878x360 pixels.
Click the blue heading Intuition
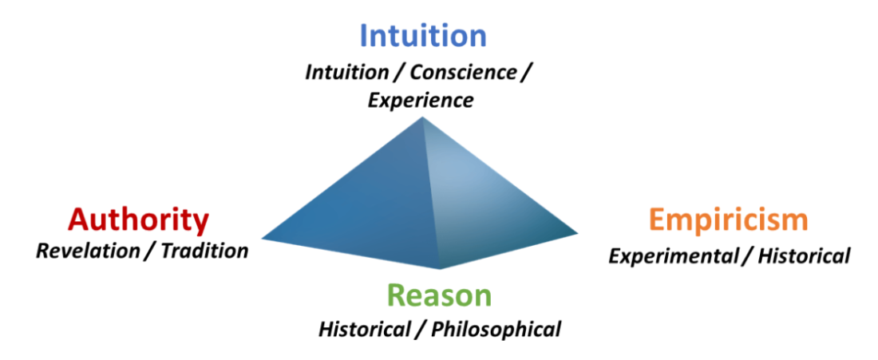coord(423,35)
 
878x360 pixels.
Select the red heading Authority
coord(138,220)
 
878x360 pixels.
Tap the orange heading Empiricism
coord(729,220)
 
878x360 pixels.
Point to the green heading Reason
coord(440,295)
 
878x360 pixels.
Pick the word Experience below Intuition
coord(420,101)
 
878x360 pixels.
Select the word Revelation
coord(88,251)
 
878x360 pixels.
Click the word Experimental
coord(677,256)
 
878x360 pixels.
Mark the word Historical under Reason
coord(364,329)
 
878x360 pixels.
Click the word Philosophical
coord(496,330)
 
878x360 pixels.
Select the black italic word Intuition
coord(346,73)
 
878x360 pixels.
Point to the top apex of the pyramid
coord(422,117)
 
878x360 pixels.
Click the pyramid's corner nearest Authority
coord(262,239)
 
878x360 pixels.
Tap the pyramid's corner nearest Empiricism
coord(578,232)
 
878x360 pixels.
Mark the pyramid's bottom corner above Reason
coord(440,269)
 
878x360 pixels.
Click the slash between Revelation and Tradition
coord(151,251)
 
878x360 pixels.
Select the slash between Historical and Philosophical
coord(421,330)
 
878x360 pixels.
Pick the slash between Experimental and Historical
coord(751,256)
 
